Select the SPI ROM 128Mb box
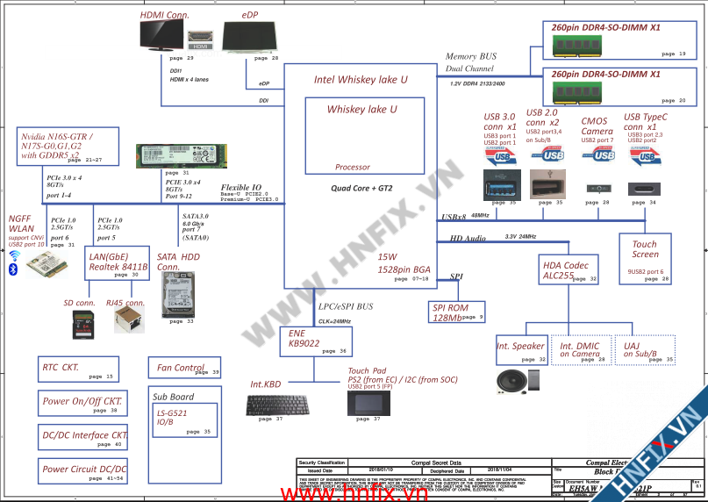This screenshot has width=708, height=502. pos(456,312)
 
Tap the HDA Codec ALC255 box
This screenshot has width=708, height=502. pos(569,269)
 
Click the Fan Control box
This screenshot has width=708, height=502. pos(185,369)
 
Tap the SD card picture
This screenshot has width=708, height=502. pos(82,324)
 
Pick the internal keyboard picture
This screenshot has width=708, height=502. pos(275,405)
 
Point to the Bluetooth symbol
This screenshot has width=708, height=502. pos(13,269)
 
